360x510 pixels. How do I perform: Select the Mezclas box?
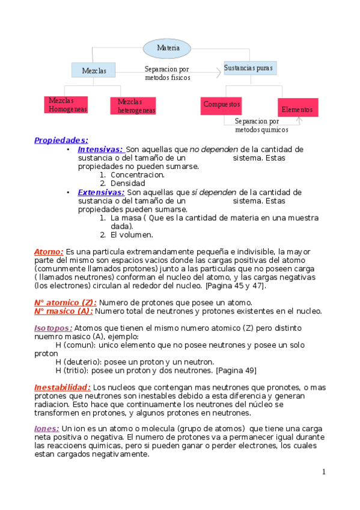94,70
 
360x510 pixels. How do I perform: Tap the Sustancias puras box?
249,68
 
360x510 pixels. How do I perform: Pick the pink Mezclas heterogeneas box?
133,106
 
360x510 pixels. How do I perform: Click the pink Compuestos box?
221,104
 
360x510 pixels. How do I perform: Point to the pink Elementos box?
297,109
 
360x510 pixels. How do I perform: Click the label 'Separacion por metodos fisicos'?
167,73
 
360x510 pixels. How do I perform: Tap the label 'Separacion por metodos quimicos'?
261,125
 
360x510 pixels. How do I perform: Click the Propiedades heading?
61,140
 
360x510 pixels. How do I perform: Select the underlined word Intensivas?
100,149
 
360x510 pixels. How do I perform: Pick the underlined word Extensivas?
101,192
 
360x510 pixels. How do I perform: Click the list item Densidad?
127,183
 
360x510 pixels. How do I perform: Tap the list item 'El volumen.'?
132,235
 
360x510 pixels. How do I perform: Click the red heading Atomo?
49,251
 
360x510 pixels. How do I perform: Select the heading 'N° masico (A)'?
63,311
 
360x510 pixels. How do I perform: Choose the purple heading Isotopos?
53,328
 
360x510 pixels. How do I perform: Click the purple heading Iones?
46,429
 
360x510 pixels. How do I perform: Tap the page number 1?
323,472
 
